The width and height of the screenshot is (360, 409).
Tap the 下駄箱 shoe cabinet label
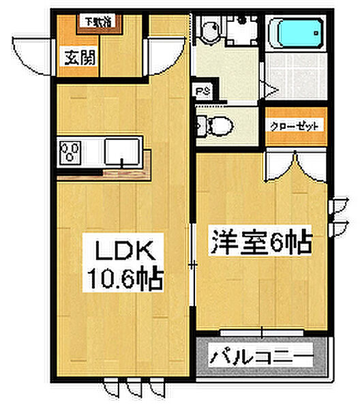click(x=98, y=21)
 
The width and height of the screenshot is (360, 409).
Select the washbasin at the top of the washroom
click(x=206, y=29)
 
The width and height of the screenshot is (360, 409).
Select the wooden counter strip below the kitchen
click(x=102, y=175)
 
